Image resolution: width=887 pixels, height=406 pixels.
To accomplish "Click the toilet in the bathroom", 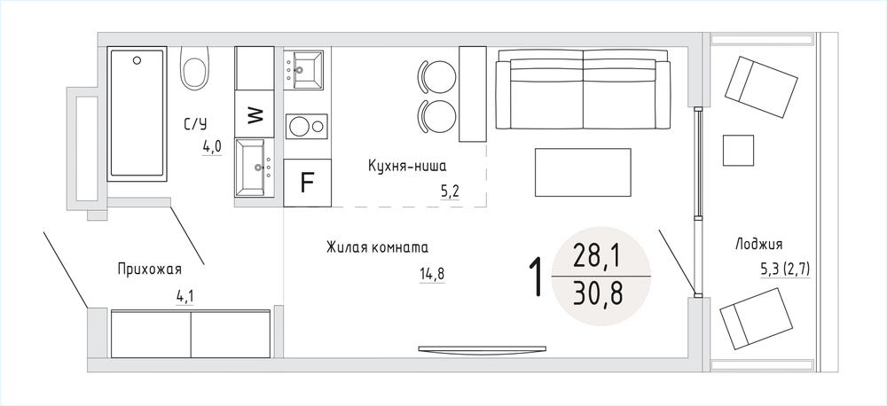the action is point(195,67).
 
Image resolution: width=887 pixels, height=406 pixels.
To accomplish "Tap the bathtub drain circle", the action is point(137,60).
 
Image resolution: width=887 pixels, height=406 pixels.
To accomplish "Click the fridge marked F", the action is point(306,182).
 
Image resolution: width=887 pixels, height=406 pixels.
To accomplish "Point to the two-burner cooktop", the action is point(307,126).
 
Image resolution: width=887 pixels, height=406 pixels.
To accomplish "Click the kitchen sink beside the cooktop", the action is point(304,69).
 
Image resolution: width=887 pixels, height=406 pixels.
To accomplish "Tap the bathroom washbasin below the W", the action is point(255,168).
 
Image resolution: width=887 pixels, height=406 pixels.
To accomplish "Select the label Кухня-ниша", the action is point(407,167).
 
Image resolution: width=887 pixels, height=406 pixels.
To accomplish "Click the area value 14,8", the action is point(432,274).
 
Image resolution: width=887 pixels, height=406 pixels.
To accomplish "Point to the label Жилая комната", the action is point(377,247).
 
